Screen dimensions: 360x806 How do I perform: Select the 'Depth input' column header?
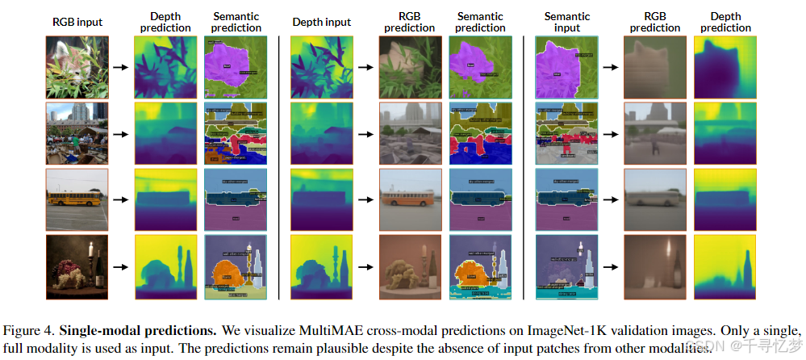click(x=322, y=22)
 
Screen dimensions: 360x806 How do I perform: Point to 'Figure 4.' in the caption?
click(x=31, y=332)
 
